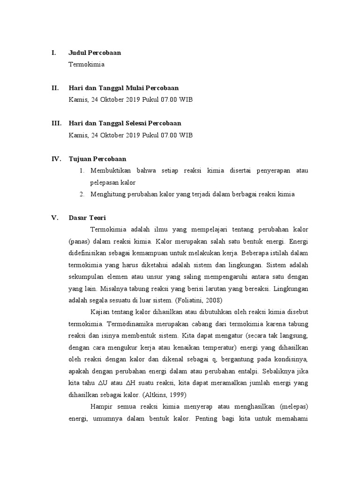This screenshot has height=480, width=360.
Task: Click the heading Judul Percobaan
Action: click(95, 53)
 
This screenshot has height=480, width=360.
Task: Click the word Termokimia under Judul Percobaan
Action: click(86, 65)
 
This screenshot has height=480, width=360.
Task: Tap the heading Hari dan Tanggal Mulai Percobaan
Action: click(123, 88)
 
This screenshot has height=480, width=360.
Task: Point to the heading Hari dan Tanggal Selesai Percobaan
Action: click(125, 124)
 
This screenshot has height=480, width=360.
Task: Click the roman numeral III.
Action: click(56, 124)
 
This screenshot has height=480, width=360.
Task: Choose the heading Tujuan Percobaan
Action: click(97, 159)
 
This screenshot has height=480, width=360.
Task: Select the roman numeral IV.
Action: click(56, 159)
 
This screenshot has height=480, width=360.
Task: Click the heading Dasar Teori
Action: click(87, 218)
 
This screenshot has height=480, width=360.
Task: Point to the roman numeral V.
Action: click(54, 218)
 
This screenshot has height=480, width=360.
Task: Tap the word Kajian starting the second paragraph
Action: click(99, 312)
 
